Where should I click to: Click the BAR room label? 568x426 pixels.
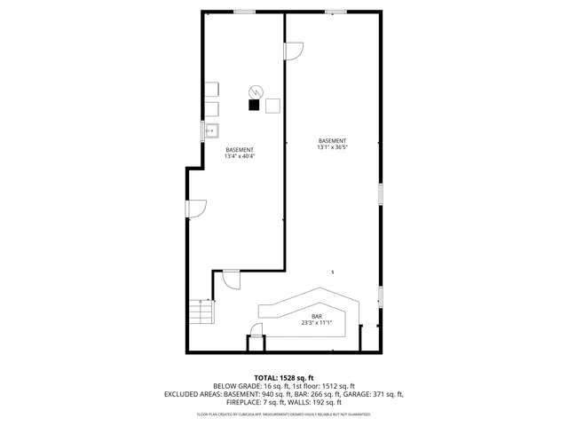(316, 317)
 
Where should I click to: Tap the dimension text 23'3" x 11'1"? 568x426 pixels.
(316, 323)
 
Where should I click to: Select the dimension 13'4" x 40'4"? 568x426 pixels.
(240, 156)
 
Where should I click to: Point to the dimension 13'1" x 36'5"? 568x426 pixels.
(333, 147)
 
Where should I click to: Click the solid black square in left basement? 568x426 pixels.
(254, 105)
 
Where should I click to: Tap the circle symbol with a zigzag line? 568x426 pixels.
(256, 91)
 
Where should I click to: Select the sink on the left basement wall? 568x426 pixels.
(211, 131)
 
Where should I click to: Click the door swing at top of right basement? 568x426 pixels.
(294, 51)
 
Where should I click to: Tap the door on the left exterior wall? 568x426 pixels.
(196, 209)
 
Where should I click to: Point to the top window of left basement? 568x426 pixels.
(245, 12)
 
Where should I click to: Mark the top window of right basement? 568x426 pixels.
(335, 12)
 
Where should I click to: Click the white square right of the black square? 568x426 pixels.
(272, 105)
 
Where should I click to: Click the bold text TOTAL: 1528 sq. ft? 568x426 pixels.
(284, 378)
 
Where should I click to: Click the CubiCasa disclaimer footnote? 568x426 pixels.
(284, 414)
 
